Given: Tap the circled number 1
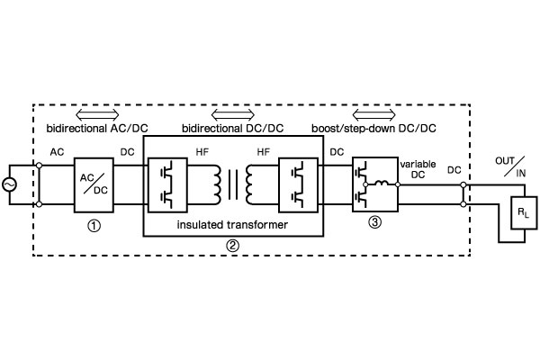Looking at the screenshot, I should point(94,226).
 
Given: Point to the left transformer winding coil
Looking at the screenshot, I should point(215,185).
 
